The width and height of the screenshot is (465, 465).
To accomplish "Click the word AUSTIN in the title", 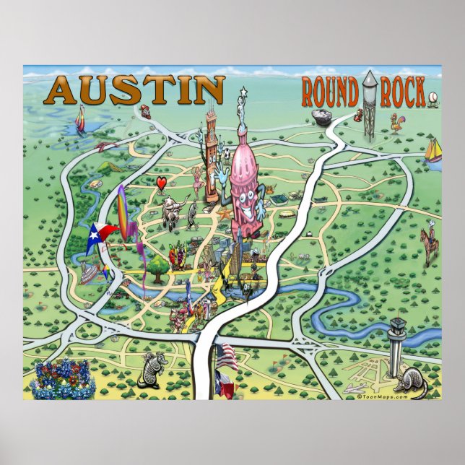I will click(136, 90).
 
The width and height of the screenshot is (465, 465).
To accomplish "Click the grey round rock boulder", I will click(321, 117).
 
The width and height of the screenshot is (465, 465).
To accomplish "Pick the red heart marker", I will click(162, 182).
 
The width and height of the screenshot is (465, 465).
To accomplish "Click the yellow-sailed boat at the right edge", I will click(433, 152).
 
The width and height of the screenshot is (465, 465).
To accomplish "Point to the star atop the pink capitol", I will click(243, 92).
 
